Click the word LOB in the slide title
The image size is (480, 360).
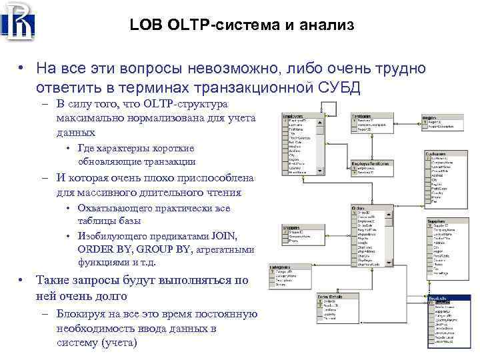coord(143,25)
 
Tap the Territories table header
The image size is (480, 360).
coord(363,116)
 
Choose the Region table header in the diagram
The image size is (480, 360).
coord(431,118)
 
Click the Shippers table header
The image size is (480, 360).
coord(294,227)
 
